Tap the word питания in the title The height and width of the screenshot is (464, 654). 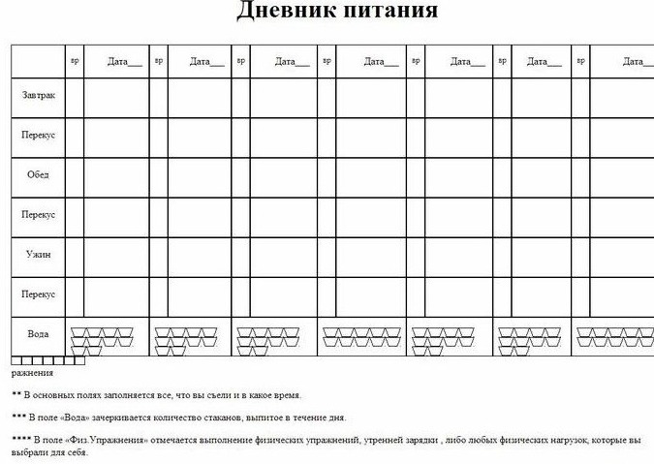[x=389, y=13]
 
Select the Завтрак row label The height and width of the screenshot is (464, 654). [x=39, y=95]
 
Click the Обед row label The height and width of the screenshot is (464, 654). [x=39, y=174]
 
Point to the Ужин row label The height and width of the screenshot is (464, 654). [x=39, y=254]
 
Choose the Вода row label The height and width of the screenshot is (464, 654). [x=39, y=333]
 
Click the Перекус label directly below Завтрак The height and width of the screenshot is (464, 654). [x=39, y=135]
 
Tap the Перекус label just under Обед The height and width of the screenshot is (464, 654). [x=39, y=214]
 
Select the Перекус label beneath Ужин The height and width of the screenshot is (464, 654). [x=39, y=294]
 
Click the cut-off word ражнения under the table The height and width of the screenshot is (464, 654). [x=32, y=372]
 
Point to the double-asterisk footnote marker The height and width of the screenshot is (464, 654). [x=16, y=395]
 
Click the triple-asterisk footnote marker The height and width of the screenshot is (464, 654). [x=18, y=418]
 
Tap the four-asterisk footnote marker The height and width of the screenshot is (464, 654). [x=20, y=441]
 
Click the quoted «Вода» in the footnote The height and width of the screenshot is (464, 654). [x=88, y=418]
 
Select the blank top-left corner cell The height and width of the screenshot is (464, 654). [x=38, y=60]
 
